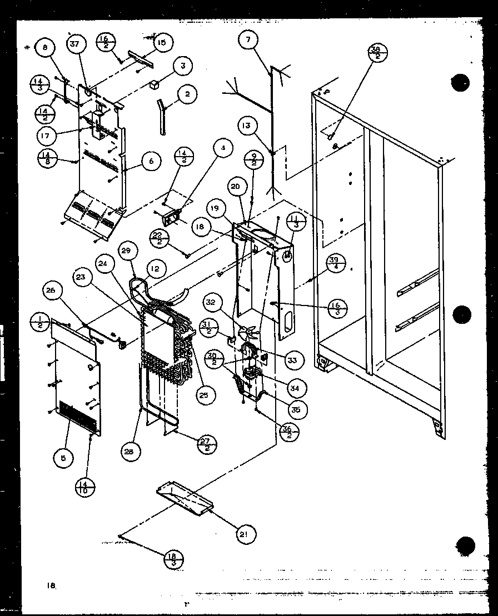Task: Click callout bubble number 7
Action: click(249, 40)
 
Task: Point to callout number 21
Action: click(242, 534)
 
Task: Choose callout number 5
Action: click(63, 458)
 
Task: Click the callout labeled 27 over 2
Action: click(207, 443)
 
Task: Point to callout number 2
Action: click(188, 94)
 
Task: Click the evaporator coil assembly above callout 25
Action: click(167, 339)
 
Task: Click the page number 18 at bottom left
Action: click(51, 585)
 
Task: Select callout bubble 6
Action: click(151, 162)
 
